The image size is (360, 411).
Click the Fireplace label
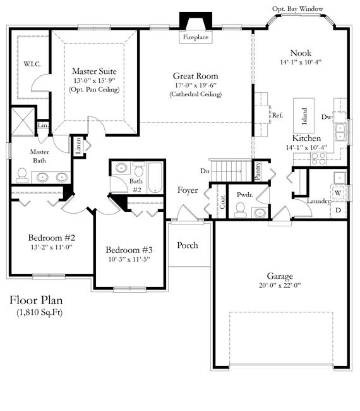click(196, 38)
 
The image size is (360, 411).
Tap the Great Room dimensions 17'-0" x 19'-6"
click(195, 85)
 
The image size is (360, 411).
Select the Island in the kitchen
click(304, 113)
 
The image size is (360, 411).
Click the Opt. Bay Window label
click(297, 9)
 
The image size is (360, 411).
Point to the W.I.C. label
click(32, 64)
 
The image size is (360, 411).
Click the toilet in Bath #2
click(121, 169)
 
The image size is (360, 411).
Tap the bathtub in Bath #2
click(155, 178)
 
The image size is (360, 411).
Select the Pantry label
click(258, 169)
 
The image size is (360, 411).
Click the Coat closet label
click(222, 201)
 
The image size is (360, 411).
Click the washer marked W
click(338, 192)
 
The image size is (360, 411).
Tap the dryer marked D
click(338, 209)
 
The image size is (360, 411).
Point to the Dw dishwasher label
click(327, 117)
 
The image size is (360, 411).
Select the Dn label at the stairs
click(204, 171)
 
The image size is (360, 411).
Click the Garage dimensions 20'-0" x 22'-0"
click(279, 285)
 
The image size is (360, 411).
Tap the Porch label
click(188, 245)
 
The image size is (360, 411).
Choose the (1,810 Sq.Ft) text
click(40, 312)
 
